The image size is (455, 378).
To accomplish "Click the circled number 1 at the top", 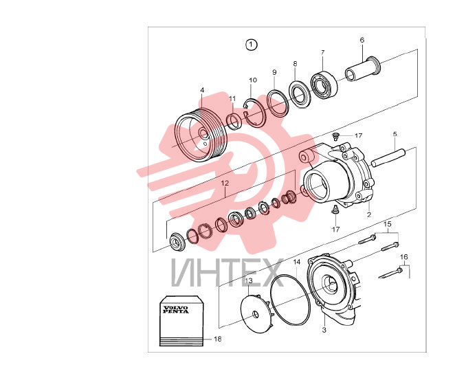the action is pyautogui.click(x=252, y=45).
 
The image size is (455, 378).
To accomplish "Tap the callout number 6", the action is pyautogui.click(x=362, y=40).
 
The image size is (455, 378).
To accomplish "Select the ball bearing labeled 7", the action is pyautogui.click(x=324, y=84).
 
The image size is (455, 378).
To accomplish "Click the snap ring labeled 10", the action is pyautogui.click(x=255, y=113).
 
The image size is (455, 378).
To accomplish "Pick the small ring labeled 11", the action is pyautogui.click(x=234, y=122).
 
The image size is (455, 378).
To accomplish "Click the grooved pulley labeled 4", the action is pyautogui.click(x=201, y=134).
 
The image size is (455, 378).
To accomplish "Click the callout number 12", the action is pyautogui.click(x=225, y=183).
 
